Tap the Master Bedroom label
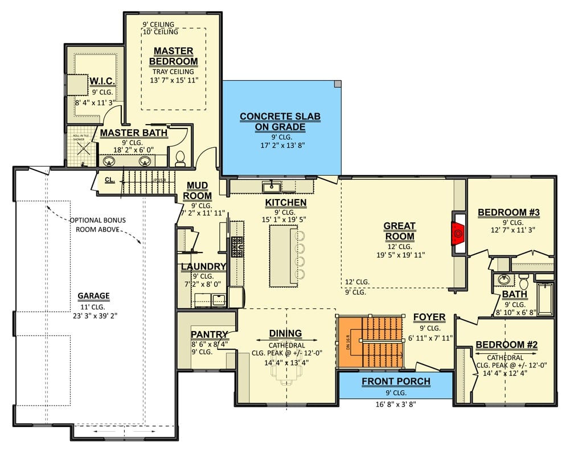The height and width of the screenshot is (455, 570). pyautogui.click(x=173, y=56)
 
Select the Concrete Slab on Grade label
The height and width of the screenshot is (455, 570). pyautogui.click(x=280, y=122)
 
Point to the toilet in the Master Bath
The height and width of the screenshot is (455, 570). pyautogui.click(x=181, y=158)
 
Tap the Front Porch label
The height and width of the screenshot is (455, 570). pyautogui.click(x=396, y=381)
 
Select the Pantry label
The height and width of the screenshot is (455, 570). pyautogui.click(x=210, y=334)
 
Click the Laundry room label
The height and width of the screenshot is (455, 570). pyautogui.click(x=203, y=266)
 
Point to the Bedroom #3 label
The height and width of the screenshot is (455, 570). pyautogui.click(x=509, y=213)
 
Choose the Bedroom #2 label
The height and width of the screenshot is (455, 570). pyautogui.click(x=506, y=345)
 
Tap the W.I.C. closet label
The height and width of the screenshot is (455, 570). pyautogui.click(x=104, y=80)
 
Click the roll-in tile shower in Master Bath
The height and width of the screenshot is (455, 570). pyautogui.click(x=80, y=150)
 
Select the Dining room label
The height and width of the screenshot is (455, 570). pyautogui.click(x=285, y=333)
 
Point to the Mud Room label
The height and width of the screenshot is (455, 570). pyautogui.click(x=197, y=191)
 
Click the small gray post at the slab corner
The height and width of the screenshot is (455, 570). pyautogui.click(x=338, y=84)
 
